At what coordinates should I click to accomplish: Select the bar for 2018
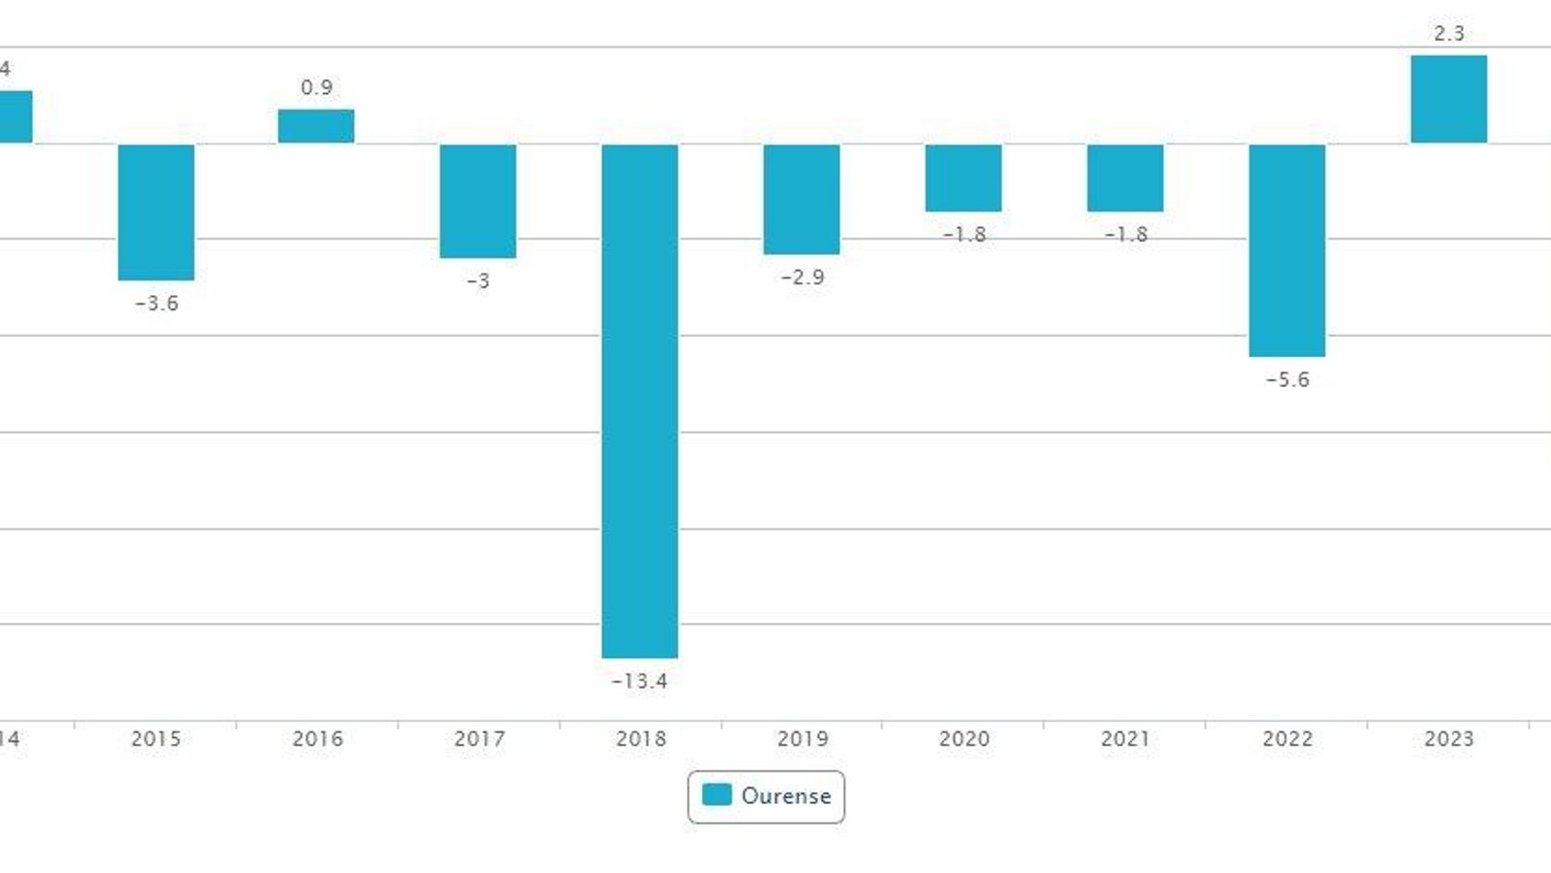click(640, 401)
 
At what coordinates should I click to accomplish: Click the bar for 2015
click(156, 211)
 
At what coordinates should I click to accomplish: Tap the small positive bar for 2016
click(316, 126)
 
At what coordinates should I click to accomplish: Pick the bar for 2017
click(478, 201)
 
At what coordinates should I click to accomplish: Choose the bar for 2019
click(802, 199)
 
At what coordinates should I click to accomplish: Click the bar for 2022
click(1286, 250)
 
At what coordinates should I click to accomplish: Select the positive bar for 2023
click(1448, 99)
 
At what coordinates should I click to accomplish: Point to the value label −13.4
click(640, 681)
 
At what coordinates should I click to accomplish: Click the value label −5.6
click(1287, 379)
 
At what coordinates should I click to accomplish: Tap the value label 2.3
click(1448, 33)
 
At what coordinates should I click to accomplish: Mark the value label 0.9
click(316, 87)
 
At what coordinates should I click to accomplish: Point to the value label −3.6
click(156, 303)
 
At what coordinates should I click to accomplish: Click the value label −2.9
click(803, 276)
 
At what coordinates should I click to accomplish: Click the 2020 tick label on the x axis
click(964, 738)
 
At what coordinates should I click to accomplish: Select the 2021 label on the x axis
click(1125, 738)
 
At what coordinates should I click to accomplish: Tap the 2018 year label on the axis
click(641, 738)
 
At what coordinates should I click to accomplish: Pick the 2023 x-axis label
click(1448, 738)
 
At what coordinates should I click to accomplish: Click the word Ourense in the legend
click(786, 795)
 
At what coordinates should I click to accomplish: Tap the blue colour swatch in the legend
click(716, 795)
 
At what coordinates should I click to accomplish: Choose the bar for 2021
click(1124, 178)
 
